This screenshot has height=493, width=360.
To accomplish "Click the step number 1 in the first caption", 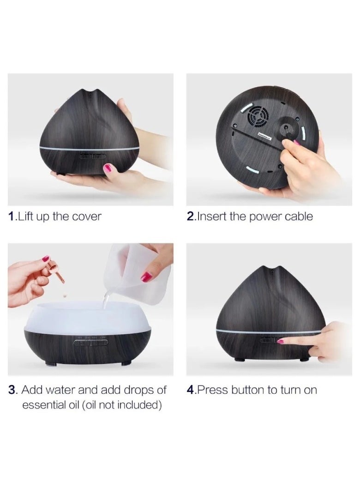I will tap(12, 216).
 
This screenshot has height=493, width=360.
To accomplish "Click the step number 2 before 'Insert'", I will tap(191, 216).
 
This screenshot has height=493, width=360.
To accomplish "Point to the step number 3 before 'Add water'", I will tap(12, 390).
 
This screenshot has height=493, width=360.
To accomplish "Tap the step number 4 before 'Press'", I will tap(191, 390).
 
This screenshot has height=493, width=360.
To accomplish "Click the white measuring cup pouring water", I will tap(135, 272).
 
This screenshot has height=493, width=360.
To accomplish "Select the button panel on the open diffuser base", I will tap(90, 343).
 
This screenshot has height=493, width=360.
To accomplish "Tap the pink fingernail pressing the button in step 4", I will tap(280, 341).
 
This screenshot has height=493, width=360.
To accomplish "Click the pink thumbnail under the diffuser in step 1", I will tap(107, 168).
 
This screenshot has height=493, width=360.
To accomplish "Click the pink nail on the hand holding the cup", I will tap(146, 277).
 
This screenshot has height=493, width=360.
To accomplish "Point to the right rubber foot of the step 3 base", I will tap(125, 363).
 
